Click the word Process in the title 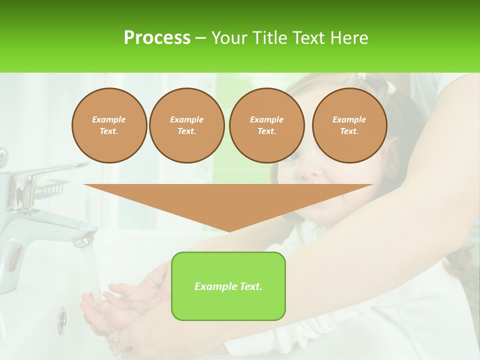pos(157,38)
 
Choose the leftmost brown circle pos(109,125)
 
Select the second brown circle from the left pos(186,125)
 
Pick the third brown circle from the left pos(266,125)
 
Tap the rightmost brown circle pos(349,125)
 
